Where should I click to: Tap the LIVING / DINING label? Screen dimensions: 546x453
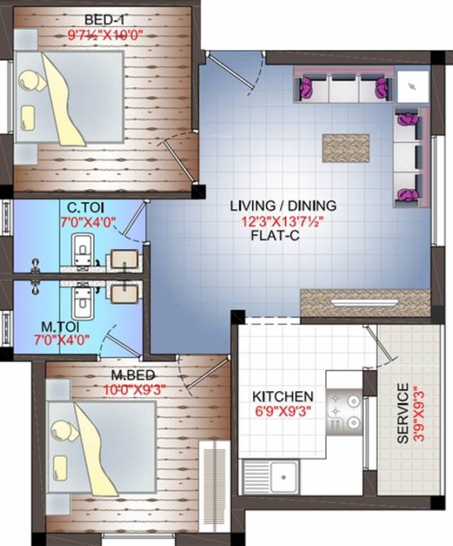coord(283,206)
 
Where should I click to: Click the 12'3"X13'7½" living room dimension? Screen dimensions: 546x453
coord(282,221)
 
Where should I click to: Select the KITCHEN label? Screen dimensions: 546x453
coord(283,396)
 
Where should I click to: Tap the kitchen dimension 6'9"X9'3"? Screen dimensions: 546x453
coord(283,410)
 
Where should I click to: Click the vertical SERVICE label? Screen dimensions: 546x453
coord(403,414)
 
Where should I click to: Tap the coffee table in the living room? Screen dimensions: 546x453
coord(346,147)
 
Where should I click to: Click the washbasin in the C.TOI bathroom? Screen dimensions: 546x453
coord(124,259)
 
